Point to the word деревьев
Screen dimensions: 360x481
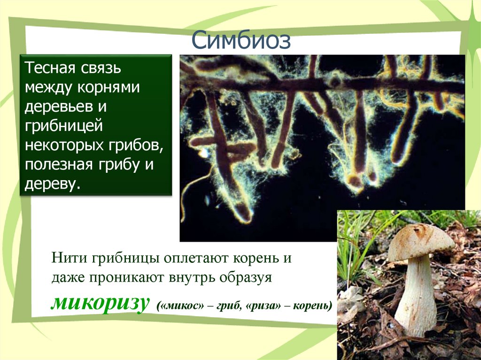tap(57, 107)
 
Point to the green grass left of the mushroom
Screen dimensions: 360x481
tap(352, 244)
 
